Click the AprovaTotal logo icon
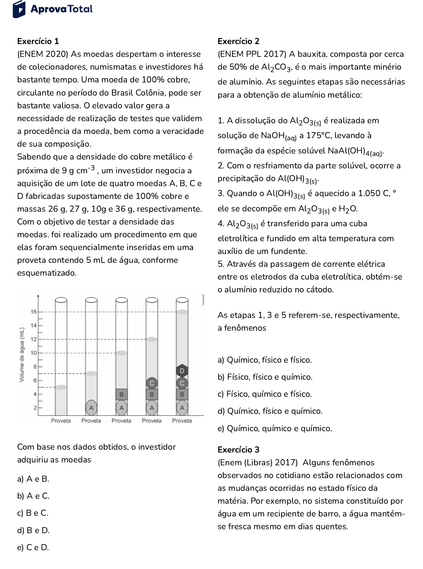(19, 9)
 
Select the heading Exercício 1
(38, 41)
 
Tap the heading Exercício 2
(239, 41)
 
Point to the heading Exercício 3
(239, 450)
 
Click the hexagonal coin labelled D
(182, 371)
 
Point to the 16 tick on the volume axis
(34, 312)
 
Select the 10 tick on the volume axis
(34, 353)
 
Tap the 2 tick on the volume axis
(35, 408)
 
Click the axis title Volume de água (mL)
(22, 354)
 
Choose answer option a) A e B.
(33, 479)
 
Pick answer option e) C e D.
(33, 547)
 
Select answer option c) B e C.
(33, 513)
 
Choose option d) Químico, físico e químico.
(270, 411)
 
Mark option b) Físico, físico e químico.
(265, 377)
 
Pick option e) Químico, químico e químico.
(275, 428)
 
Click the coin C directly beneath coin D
(182, 383)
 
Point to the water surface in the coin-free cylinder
(61, 387)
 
